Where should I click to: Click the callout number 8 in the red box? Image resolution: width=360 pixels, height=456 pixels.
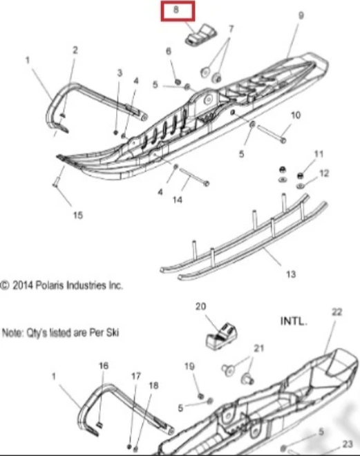[176, 10]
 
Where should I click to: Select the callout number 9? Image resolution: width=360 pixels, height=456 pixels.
[301, 15]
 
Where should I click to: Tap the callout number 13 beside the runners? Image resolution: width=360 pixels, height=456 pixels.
[291, 274]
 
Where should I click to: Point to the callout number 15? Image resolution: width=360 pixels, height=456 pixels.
[77, 215]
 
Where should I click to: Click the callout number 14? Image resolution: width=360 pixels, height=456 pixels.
[178, 200]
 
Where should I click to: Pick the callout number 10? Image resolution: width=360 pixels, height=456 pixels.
[296, 115]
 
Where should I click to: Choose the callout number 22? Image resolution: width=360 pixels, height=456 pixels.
[337, 312]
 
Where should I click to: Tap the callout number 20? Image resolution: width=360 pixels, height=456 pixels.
[200, 306]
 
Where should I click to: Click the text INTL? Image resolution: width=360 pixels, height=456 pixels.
[294, 321]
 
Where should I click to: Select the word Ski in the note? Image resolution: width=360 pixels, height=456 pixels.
[112, 332]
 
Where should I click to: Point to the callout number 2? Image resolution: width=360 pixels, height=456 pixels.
[75, 50]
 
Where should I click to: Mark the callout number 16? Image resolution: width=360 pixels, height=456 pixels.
[104, 365]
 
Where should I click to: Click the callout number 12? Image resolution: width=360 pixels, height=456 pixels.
[324, 173]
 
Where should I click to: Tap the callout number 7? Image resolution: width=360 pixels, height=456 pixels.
[231, 29]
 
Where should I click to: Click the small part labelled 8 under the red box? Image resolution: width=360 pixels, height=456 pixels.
[201, 35]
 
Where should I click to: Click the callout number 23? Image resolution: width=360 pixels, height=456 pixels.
[348, 444]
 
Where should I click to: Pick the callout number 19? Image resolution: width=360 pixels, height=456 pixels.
[189, 366]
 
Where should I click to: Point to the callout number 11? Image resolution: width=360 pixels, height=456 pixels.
[319, 154]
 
